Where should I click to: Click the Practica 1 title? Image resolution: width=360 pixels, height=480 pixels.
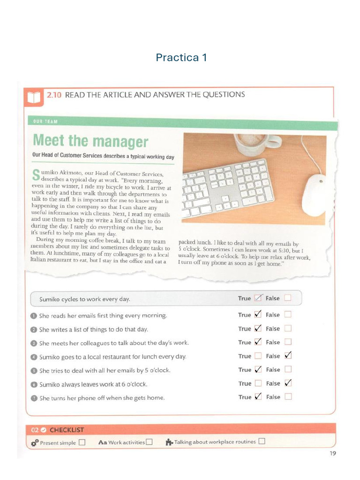pyautogui.click(x=181, y=57)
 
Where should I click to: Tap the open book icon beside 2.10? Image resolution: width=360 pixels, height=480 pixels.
pyautogui.click(x=34, y=97)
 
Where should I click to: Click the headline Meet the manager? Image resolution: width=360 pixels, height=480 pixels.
pyautogui.click(x=90, y=141)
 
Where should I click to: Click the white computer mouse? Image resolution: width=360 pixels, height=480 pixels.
pyautogui.click(x=315, y=195)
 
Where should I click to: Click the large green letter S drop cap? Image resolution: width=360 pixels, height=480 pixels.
pyautogui.click(x=36, y=175)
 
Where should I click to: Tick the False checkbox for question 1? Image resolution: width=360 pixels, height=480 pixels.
pyautogui.click(x=288, y=315)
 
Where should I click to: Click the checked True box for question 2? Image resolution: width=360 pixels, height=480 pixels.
pyautogui.click(x=258, y=328)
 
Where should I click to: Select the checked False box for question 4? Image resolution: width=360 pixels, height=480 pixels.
pyautogui.click(x=288, y=355)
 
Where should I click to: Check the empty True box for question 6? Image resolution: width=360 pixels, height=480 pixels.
pyautogui.click(x=258, y=383)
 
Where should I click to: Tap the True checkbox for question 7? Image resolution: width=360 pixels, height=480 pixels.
pyautogui.click(x=258, y=397)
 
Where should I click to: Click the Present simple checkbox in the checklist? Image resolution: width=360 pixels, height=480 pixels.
pyautogui.click(x=82, y=442)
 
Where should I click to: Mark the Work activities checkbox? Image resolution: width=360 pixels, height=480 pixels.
pyautogui.click(x=149, y=442)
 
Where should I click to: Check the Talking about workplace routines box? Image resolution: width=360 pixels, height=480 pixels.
pyautogui.click(x=262, y=441)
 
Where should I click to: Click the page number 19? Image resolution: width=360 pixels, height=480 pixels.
pyautogui.click(x=333, y=453)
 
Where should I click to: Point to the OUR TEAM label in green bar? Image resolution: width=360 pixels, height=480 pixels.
pyautogui.click(x=45, y=121)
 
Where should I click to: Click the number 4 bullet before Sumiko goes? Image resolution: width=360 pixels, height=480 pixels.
pyautogui.click(x=34, y=357)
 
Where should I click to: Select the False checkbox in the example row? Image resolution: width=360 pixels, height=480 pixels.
pyautogui.click(x=288, y=298)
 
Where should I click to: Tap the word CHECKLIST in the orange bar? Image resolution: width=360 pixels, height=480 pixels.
pyautogui.click(x=67, y=430)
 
